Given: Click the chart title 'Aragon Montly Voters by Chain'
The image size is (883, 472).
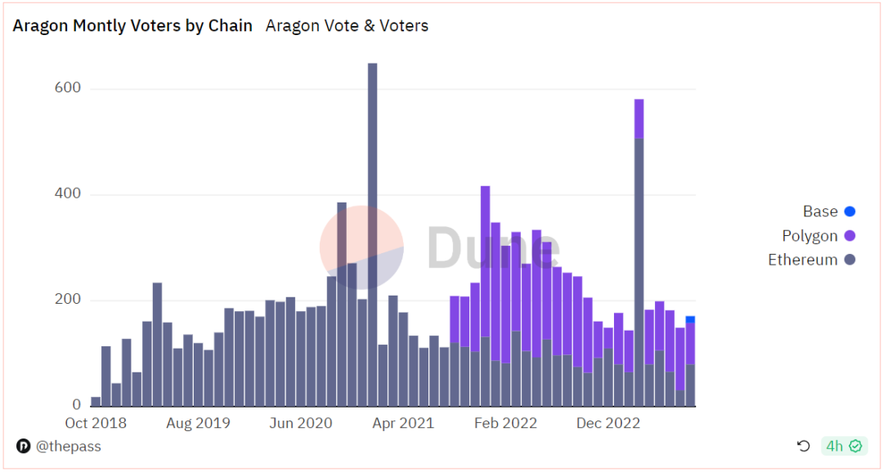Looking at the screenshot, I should point(132,25).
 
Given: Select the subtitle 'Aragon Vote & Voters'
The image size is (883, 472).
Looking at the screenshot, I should point(347,25).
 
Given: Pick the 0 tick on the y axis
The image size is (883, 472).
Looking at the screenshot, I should point(76,405).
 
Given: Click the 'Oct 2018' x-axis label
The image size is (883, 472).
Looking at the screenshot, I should point(96,423).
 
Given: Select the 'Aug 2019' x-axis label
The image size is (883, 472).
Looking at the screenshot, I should point(199,423).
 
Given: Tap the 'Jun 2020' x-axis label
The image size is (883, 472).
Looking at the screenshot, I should point(302,423).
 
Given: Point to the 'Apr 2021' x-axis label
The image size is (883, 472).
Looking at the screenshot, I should point(404,423).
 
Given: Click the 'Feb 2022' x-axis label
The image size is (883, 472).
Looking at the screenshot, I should point(506,423).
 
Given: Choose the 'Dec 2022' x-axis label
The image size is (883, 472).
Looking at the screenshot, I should point(608,423).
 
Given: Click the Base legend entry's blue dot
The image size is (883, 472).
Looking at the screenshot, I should point(849,212).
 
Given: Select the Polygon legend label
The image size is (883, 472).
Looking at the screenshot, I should point(809,236).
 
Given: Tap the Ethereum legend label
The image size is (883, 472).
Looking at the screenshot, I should point(802,260).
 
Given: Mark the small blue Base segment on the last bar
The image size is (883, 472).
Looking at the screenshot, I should point(690,319).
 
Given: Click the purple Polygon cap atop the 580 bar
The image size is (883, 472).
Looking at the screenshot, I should point(639,119).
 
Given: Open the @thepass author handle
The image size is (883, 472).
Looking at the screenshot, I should point(69,446).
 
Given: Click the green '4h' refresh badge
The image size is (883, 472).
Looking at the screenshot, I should point(843,446).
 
